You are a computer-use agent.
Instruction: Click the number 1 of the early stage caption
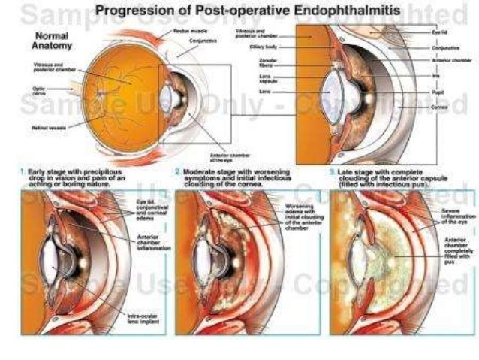point(22,172)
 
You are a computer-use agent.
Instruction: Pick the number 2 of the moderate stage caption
point(176,172)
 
